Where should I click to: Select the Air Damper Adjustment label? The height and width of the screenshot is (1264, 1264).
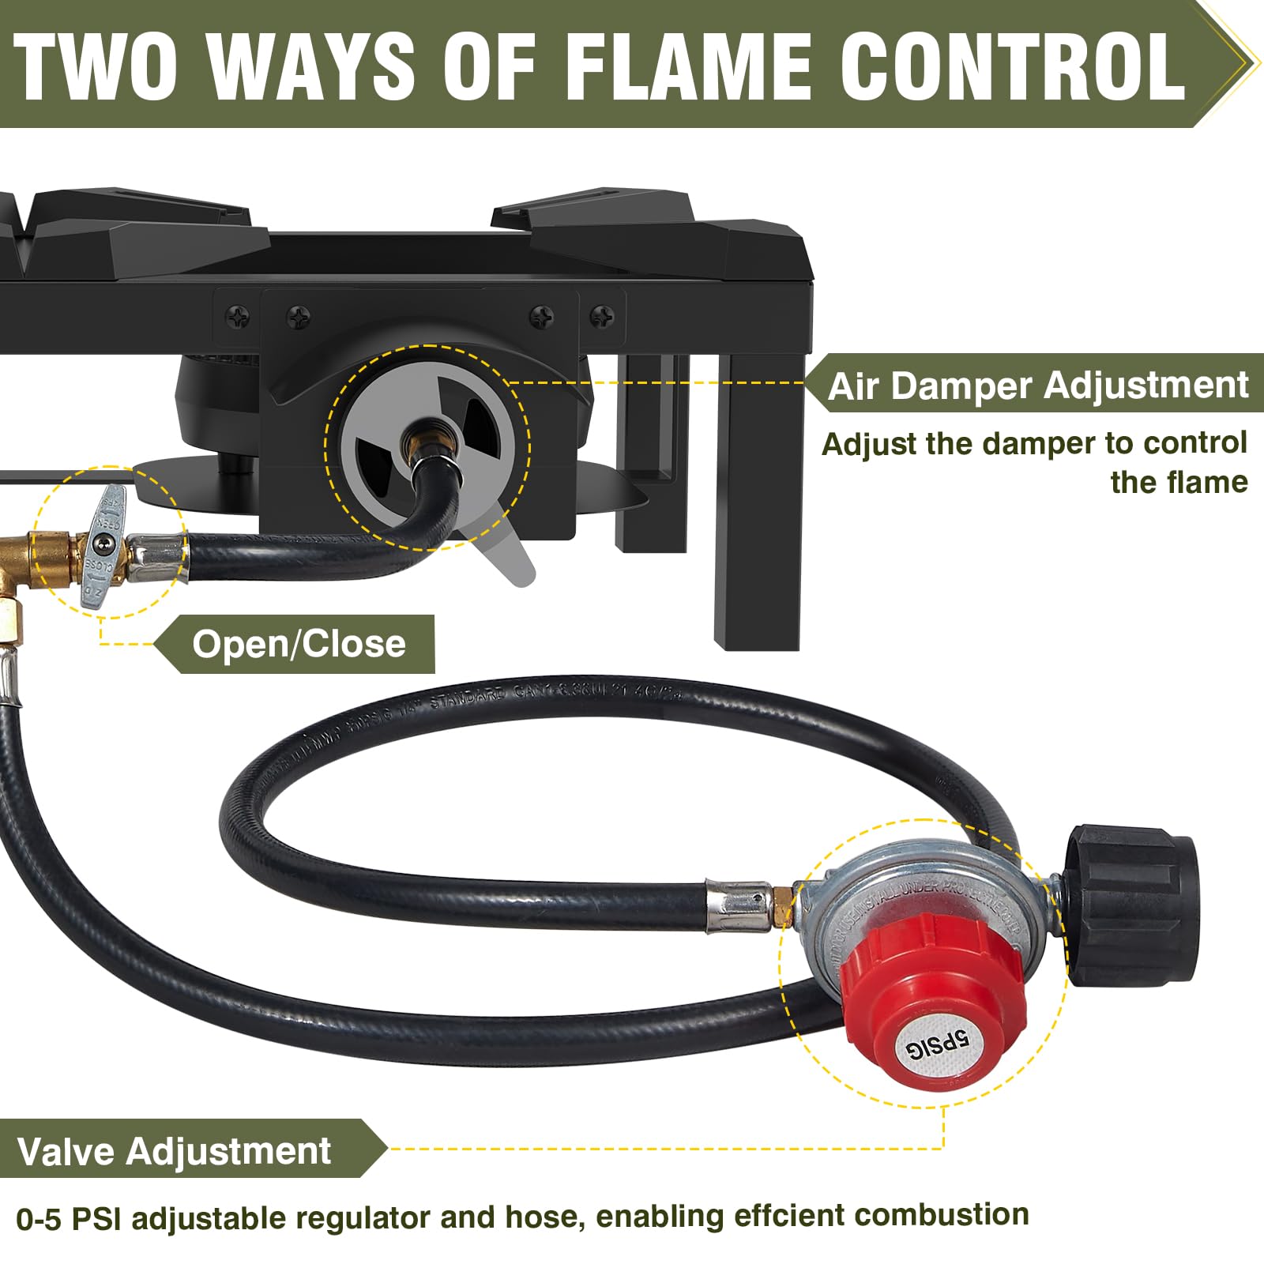point(1037,386)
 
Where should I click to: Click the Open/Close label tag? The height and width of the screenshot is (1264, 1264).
point(299,644)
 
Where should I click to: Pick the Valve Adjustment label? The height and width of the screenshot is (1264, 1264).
point(174,1151)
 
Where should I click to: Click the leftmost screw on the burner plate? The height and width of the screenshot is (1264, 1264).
point(237,317)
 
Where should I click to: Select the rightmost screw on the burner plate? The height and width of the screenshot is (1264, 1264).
point(602,317)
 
